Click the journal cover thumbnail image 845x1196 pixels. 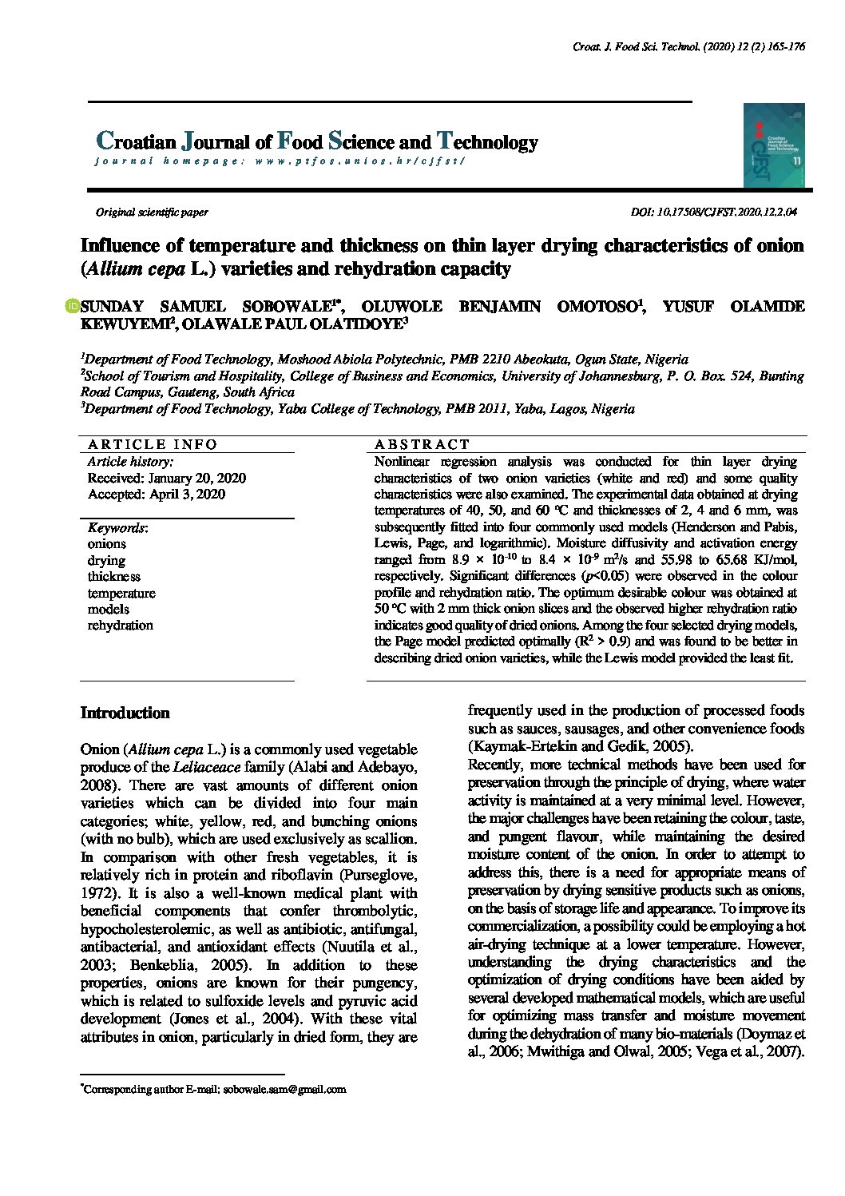(x=773, y=145)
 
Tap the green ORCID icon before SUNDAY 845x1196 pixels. (x=73, y=306)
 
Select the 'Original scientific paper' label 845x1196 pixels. (x=152, y=213)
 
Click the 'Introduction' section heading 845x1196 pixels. (x=125, y=713)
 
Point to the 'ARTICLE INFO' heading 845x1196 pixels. (x=153, y=444)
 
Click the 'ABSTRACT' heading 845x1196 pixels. (x=422, y=444)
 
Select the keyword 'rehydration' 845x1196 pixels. (x=120, y=626)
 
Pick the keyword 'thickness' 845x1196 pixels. (x=113, y=577)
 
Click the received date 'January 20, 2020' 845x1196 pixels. (x=196, y=479)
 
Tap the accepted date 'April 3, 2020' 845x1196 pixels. (x=187, y=495)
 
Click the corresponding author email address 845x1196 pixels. (x=284, y=1090)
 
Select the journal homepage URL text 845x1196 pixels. (x=359, y=161)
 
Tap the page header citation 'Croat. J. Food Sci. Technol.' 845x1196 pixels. (x=636, y=47)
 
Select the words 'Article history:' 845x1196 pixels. (x=130, y=462)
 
